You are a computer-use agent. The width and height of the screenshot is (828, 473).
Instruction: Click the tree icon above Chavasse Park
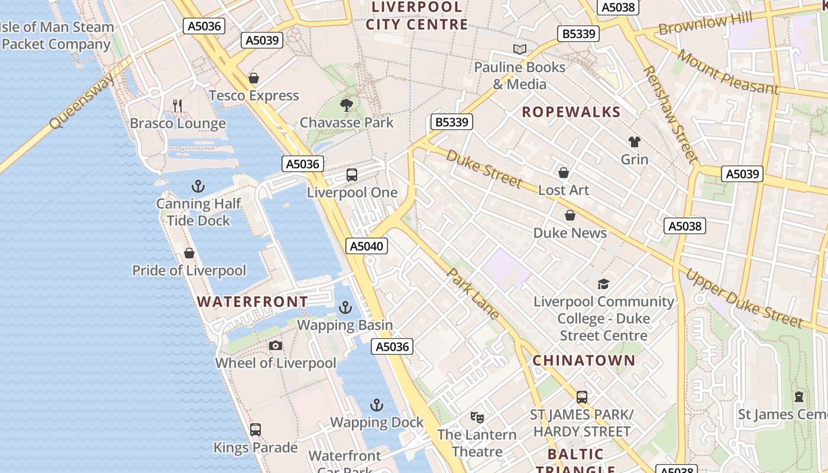[x=347, y=105]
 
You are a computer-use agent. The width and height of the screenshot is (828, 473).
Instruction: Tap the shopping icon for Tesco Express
[x=254, y=78]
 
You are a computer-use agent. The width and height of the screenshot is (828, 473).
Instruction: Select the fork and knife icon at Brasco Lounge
[x=177, y=106]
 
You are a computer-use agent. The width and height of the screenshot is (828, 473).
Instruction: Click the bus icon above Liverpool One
[x=352, y=175]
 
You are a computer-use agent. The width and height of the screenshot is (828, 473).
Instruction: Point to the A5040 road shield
[x=367, y=246]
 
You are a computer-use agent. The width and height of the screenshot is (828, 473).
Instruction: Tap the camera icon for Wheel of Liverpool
[x=275, y=346]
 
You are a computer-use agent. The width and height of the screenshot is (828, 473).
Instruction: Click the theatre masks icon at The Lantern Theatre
[x=477, y=417]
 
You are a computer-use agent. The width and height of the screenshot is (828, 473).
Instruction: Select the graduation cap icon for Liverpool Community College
[x=603, y=284]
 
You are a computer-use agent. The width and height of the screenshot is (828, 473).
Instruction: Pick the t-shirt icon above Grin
[x=635, y=142]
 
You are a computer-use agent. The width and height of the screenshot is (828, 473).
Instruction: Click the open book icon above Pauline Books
[x=520, y=50]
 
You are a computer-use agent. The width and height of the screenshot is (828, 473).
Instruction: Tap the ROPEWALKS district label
[x=571, y=112]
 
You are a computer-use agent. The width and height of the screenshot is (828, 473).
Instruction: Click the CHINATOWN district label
[x=584, y=361]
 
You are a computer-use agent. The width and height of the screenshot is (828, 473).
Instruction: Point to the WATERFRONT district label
[x=253, y=302]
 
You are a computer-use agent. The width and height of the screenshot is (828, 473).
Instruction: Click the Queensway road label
[x=82, y=103]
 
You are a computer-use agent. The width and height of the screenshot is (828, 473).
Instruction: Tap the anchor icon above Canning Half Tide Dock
[x=198, y=187]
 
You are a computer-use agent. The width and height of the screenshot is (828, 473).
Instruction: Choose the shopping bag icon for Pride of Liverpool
[x=189, y=254]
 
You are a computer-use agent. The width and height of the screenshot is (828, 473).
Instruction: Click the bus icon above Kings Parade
[x=255, y=430]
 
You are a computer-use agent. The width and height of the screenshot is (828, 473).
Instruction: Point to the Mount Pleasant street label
[x=727, y=72]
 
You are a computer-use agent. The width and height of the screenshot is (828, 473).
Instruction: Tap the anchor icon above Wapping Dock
[x=377, y=405]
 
